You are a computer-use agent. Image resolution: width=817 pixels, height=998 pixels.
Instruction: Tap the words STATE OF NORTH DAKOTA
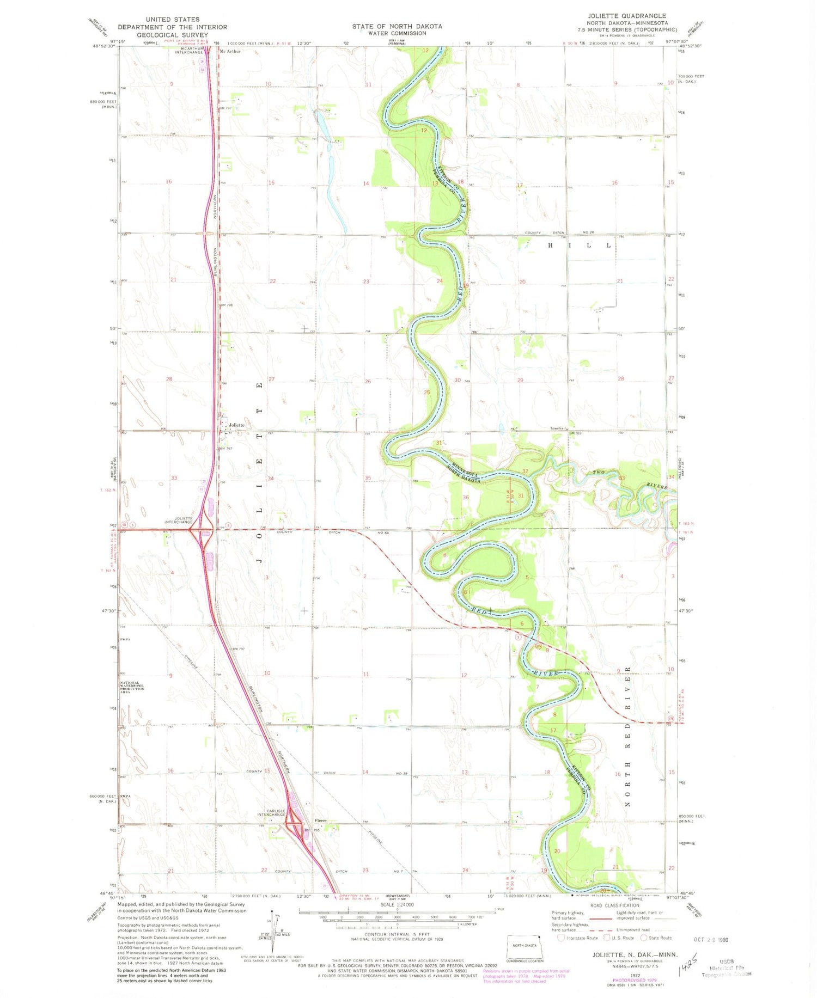397,26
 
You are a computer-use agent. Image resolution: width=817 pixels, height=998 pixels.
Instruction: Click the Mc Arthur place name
229,52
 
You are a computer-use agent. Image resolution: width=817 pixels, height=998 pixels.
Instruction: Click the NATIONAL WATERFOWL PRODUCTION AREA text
132,687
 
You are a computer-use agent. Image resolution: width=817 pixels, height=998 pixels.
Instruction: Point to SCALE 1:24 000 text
395,904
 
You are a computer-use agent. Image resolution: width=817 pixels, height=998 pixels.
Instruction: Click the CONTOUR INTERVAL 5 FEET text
397,934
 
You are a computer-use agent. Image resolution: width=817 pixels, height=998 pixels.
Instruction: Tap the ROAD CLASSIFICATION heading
614,905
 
